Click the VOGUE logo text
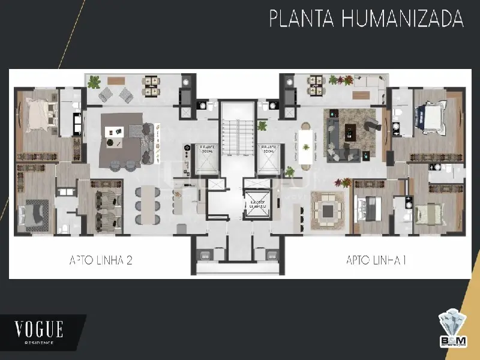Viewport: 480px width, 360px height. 39,329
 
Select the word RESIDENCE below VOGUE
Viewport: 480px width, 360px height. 39,343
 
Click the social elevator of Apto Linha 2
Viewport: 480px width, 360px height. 198,157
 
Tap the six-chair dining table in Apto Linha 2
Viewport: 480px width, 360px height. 146,205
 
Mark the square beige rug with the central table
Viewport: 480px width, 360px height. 328,209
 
